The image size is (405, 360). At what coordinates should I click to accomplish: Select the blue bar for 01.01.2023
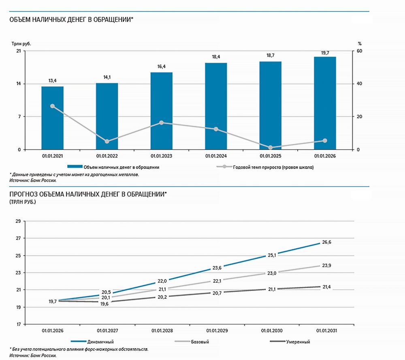(161, 111)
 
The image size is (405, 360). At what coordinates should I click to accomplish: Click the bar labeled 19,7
(325, 103)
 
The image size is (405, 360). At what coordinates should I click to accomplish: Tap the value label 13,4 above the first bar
(52, 81)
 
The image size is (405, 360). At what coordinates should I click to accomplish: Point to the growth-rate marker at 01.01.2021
(52, 106)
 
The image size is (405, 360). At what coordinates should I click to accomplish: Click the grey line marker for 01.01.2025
(270, 147)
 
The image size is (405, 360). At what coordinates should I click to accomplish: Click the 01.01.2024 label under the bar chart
(216, 156)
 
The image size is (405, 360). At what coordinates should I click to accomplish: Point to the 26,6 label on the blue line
(326, 242)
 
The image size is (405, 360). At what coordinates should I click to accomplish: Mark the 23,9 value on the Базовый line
(326, 266)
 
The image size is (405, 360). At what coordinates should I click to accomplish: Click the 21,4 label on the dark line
(326, 287)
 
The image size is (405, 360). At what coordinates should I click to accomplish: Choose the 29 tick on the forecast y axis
(17, 221)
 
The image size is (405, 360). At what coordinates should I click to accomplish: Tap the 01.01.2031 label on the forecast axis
(326, 330)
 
